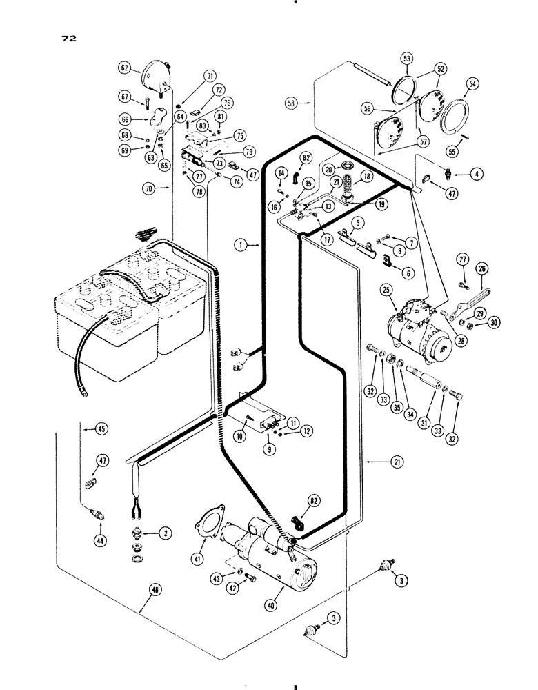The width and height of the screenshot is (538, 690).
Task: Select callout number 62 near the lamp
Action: [125, 68]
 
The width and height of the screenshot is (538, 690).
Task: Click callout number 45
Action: [100, 428]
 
